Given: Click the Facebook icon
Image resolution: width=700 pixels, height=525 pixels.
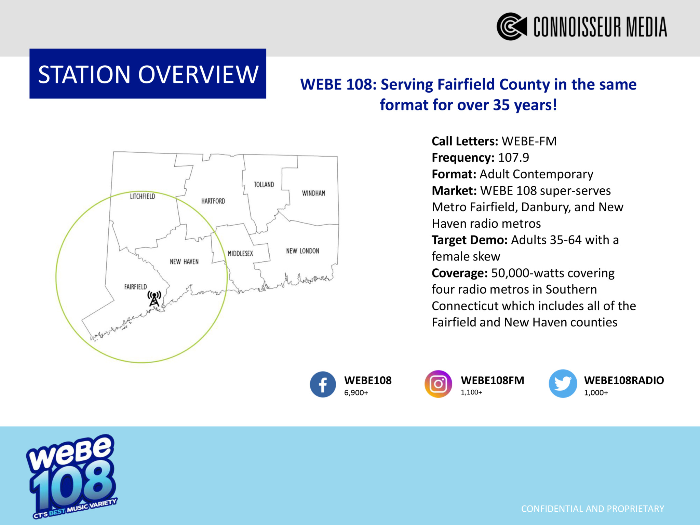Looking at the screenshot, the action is tap(323, 384).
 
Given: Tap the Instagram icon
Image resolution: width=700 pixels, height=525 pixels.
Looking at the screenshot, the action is tap(438, 384).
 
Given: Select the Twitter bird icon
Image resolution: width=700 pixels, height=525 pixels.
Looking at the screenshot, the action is tap(563, 383).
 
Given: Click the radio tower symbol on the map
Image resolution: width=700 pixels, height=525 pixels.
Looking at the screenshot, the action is tap(154, 298).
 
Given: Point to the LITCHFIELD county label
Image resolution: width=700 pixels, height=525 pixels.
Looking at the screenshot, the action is tap(143, 196).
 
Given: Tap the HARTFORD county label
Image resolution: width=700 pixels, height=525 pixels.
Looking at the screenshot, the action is tap(213, 201).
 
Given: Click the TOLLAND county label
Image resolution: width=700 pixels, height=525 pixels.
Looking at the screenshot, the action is tap(264, 185).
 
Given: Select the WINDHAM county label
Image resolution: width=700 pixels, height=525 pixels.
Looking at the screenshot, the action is tap(313, 193).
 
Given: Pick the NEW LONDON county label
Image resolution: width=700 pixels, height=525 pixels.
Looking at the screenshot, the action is tap(302, 251).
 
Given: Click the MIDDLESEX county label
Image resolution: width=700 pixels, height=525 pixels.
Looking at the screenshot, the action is tap(240, 254).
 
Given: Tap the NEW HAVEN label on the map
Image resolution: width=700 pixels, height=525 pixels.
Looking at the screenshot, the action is tap(184, 262).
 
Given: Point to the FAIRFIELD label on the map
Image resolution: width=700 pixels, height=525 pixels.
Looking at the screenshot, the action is tap(135, 287).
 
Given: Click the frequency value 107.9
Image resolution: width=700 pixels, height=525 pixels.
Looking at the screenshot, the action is tap(513, 158).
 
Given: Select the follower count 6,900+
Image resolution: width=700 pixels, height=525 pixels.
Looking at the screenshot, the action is tap(356, 393).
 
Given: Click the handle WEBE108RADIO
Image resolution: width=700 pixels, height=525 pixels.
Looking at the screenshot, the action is tap(624, 380).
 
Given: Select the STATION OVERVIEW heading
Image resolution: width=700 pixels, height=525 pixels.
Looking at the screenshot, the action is tap(148, 74).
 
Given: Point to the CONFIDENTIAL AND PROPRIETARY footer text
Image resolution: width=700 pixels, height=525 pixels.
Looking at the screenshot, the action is tap(593, 509).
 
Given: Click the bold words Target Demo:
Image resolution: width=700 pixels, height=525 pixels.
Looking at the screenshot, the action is tap(470, 240).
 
